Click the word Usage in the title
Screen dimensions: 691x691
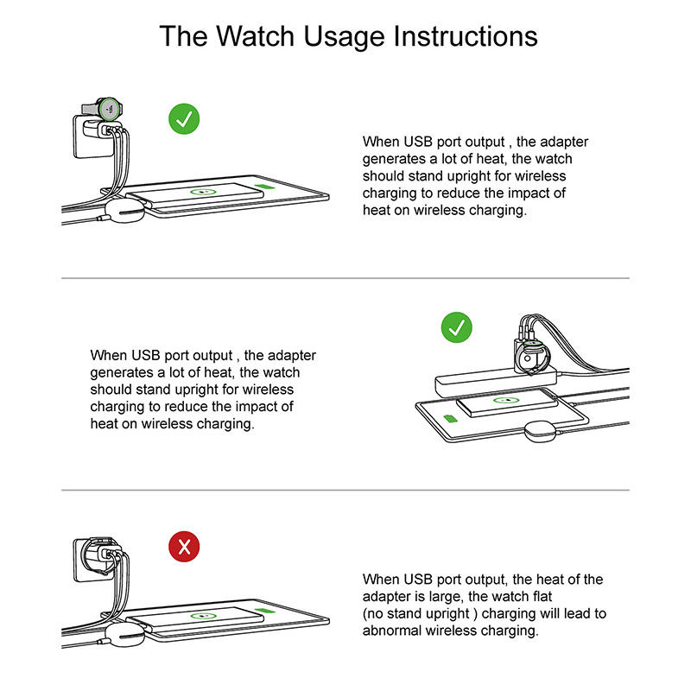[x=344, y=37]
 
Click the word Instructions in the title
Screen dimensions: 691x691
[x=466, y=35]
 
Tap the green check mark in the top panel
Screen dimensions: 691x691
[x=184, y=119]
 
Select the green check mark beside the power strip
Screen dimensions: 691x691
[x=457, y=327]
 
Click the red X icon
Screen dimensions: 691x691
[x=184, y=547]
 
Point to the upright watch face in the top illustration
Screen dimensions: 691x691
[x=110, y=109]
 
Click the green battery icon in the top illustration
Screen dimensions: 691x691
[x=264, y=187]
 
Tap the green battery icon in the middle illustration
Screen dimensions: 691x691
[x=449, y=418]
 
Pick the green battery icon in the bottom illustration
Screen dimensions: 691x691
[x=264, y=611]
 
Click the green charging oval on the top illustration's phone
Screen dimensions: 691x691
[x=203, y=192]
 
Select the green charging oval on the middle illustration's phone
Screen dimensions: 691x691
[x=506, y=401]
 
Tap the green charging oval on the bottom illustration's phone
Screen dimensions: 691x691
[x=203, y=616]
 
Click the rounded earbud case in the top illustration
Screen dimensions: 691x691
[x=124, y=211]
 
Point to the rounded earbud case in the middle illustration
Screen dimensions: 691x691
[x=542, y=431]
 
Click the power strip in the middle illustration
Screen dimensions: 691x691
[x=495, y=382]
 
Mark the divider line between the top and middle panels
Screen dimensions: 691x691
[x=345, y=278]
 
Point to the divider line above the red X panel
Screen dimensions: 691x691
[x=345, y=490]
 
